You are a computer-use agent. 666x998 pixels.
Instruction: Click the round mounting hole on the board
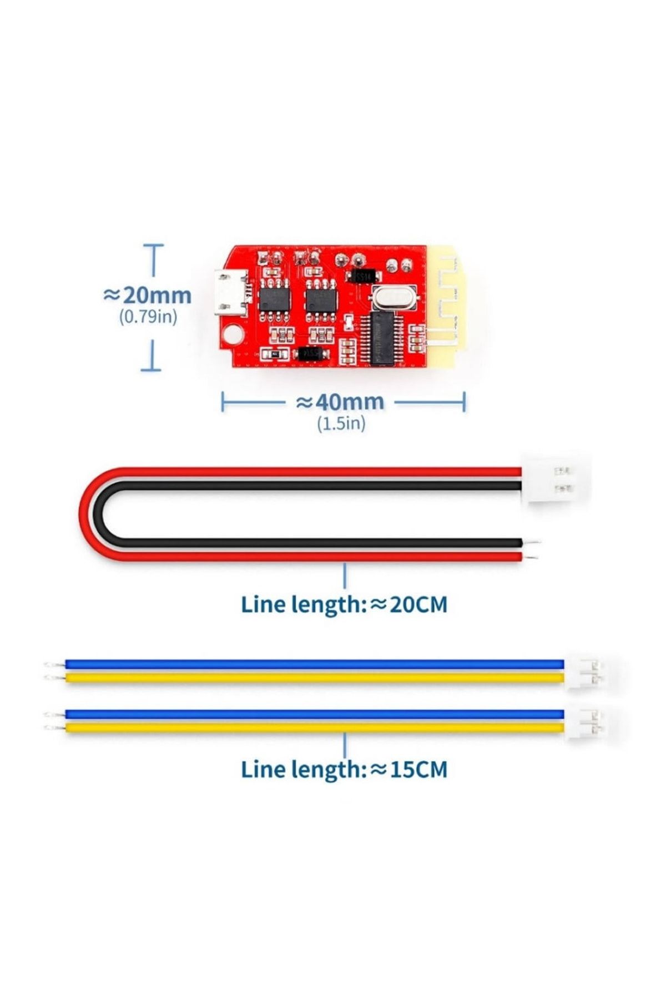(233, 334)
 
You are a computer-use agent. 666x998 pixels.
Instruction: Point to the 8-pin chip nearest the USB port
(274, 300)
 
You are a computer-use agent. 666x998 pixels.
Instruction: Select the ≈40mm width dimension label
(340, 401)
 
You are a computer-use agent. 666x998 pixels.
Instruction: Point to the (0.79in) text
(148, 317)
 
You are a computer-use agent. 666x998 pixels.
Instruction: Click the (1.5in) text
(341, 424)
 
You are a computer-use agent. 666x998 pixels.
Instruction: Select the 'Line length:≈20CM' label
(344, 604)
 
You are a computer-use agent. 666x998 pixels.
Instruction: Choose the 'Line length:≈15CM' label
(344, 770)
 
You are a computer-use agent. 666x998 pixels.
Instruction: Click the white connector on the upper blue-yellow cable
(585, 671)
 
